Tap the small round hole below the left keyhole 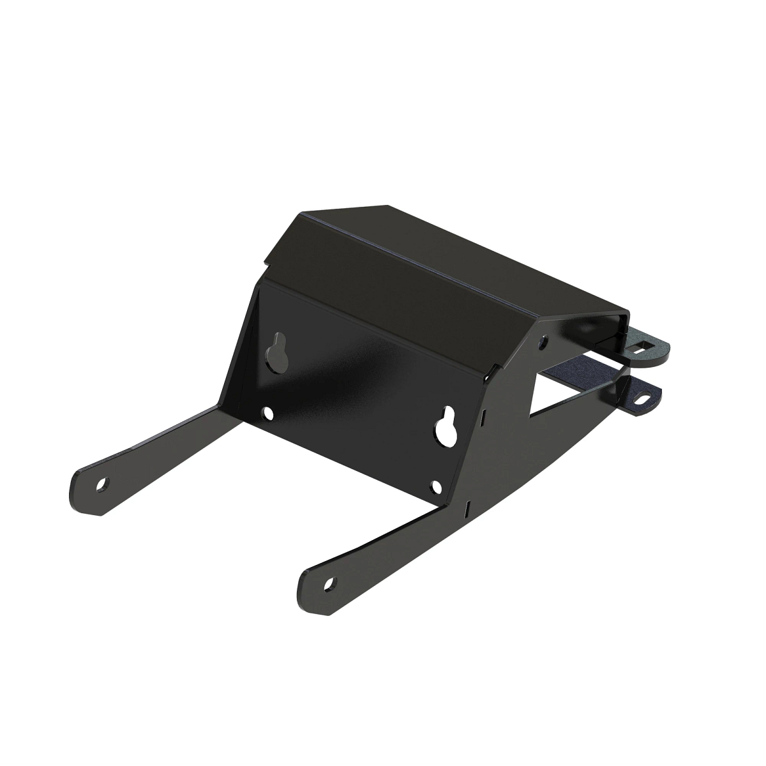coord(269,413)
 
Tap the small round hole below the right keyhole coord(436,488)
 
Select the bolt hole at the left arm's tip coord(101,485)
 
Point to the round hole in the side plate coord(542,342)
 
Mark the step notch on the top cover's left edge coord(265,260)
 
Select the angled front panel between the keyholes coord(357,383)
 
